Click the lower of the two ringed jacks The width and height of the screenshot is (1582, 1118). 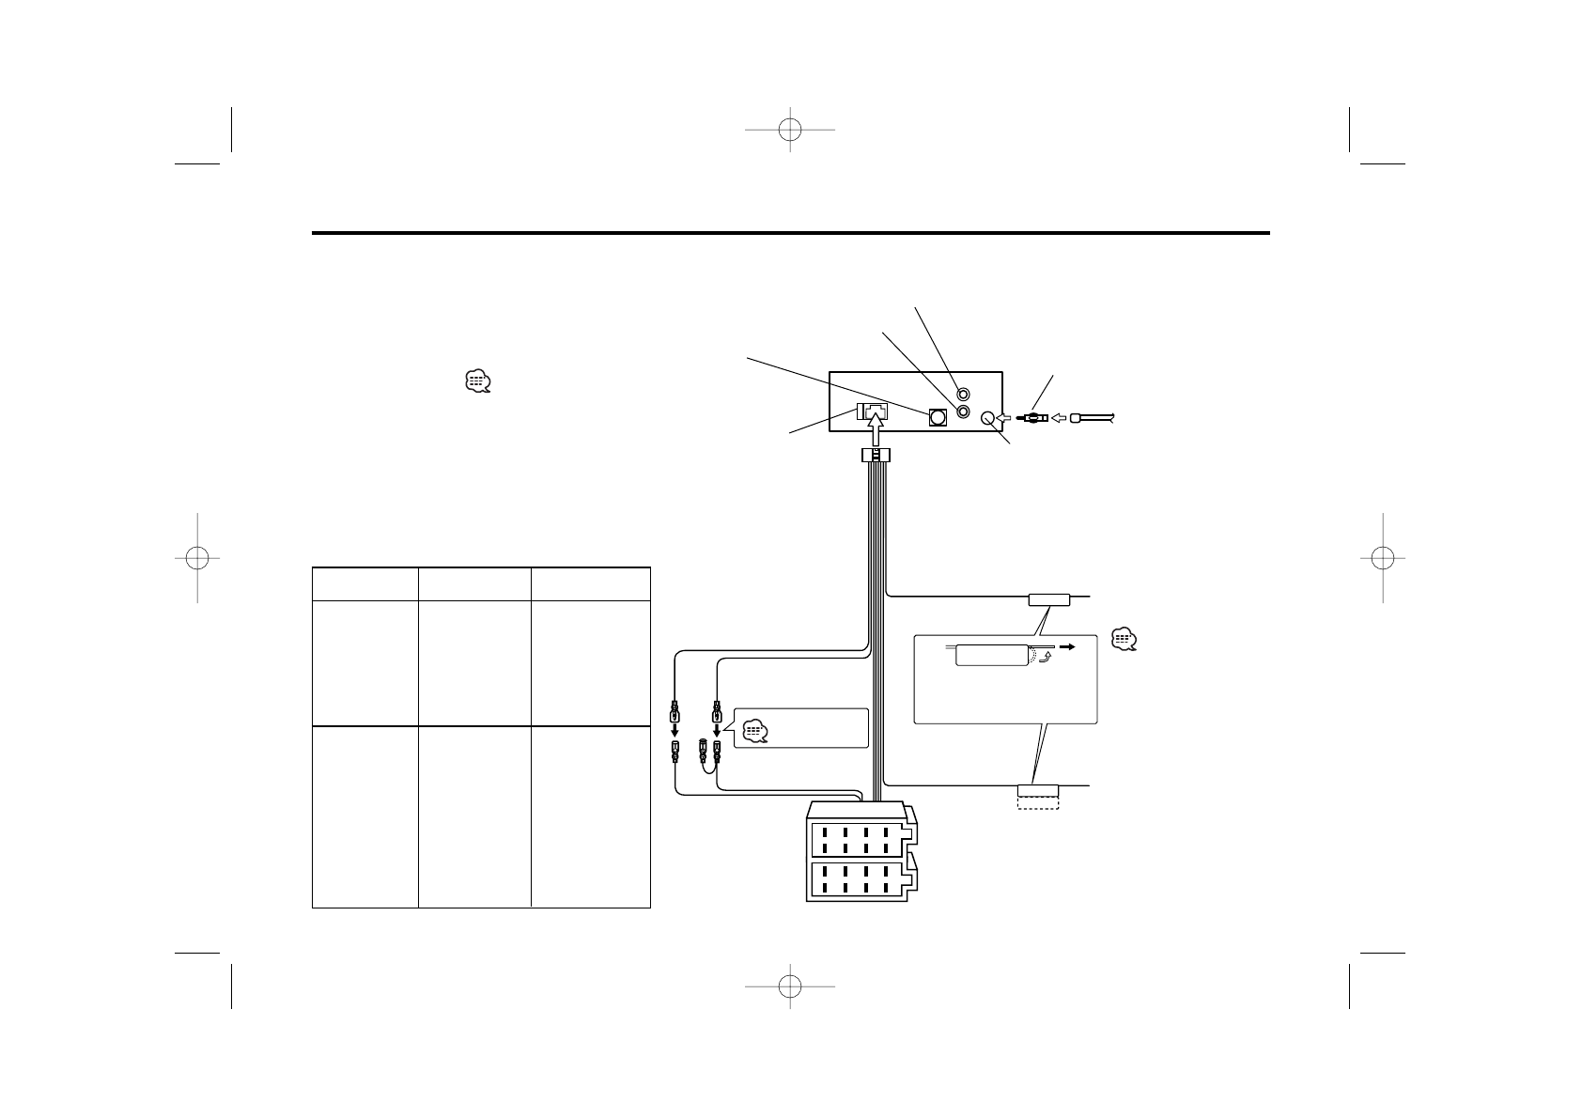pos(963,411)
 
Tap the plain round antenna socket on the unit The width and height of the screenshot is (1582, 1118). pos(987,419)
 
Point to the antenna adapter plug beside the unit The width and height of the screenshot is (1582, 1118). pos(1031,419)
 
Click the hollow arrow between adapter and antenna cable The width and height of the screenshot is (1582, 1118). pos(1058,419)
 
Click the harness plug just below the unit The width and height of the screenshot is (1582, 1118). pos(876,456)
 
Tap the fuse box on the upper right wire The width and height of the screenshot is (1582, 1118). pos(1049,598)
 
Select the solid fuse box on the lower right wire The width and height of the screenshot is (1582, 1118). pos(1037,790)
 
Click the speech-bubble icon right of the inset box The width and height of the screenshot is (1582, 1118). pos(1124,639)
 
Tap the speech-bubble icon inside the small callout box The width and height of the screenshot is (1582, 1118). pos(755,730)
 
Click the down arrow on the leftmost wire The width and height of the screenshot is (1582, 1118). pos(675,731)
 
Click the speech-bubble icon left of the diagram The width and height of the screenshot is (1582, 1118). pos(477,381)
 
